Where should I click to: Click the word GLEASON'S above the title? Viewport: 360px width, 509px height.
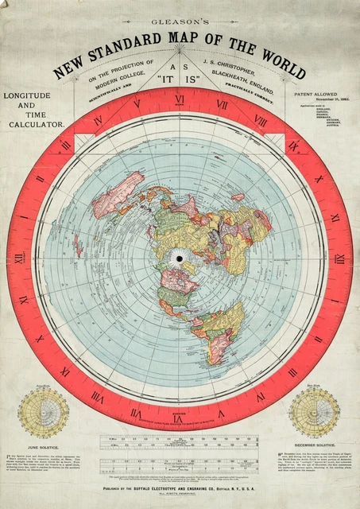click(180, 25)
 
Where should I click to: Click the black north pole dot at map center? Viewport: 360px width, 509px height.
click(180, 258)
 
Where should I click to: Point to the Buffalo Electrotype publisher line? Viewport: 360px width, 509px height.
click(180, 492)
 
